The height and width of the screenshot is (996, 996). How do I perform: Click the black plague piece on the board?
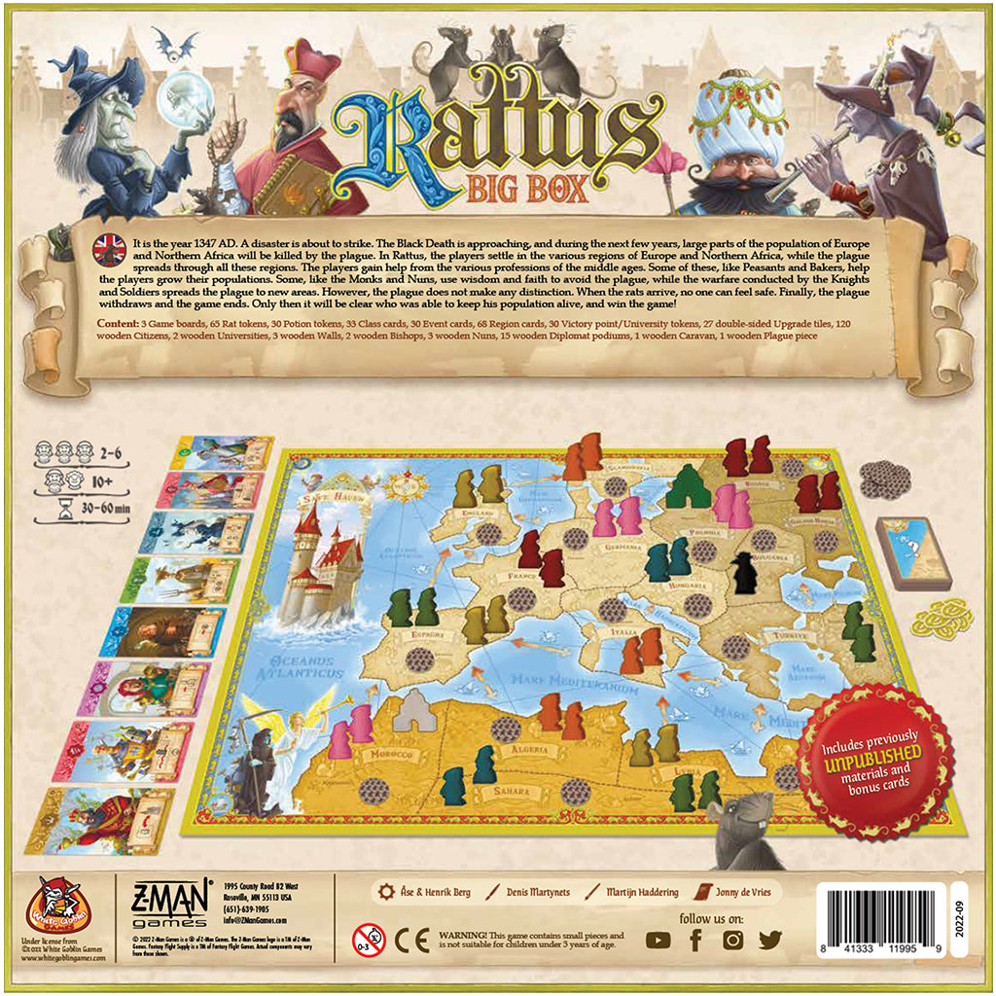click(745, 574)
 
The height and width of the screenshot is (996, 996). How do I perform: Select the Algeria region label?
click(529, 750)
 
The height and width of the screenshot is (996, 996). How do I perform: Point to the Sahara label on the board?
click(512, 791)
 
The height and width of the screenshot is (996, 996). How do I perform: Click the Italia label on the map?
click(622, 632)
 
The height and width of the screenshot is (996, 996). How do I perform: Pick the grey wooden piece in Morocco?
click(412, 711)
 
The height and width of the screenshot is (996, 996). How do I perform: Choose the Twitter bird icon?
click(769, 940)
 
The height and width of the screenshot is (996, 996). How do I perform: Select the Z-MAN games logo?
click(161, 904)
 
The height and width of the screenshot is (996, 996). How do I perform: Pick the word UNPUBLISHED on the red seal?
click(873, 765)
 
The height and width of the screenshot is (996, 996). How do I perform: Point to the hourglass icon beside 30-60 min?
click(66, 508)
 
